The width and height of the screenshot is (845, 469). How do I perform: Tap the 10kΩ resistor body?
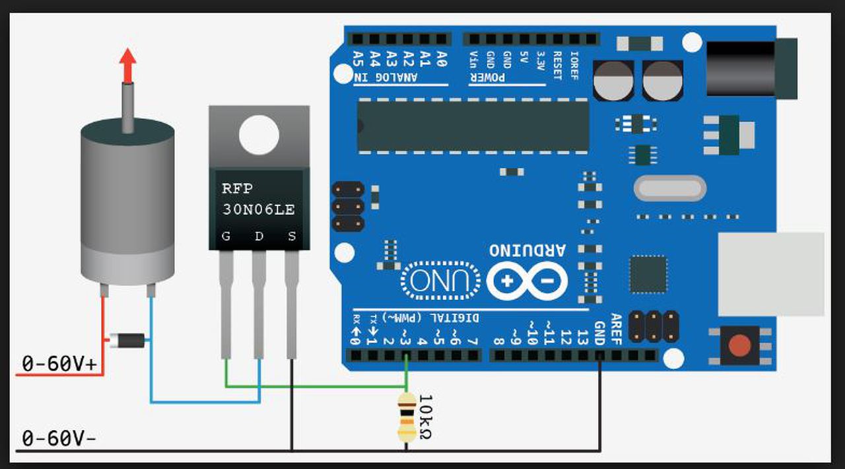pos(407,417)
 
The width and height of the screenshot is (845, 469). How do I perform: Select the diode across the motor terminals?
pos(127,340)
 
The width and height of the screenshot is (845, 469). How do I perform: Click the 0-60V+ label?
pos(59,363)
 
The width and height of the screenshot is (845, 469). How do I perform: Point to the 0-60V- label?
pos(59,438)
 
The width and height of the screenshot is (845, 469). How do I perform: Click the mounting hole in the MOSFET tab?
pos(259,135)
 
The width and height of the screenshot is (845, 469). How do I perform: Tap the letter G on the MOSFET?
pos(226,236)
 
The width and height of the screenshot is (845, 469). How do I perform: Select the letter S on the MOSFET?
pos(292,236)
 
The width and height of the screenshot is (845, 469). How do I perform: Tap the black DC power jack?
pos(749,68)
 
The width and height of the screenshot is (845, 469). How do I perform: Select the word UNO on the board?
pos(442,281)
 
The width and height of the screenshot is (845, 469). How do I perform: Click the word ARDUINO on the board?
pos(527,250)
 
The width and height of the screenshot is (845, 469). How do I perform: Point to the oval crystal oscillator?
pos(669,188)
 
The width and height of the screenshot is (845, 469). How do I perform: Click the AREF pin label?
pos(616,329)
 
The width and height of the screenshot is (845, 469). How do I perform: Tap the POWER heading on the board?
pos(487,78)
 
